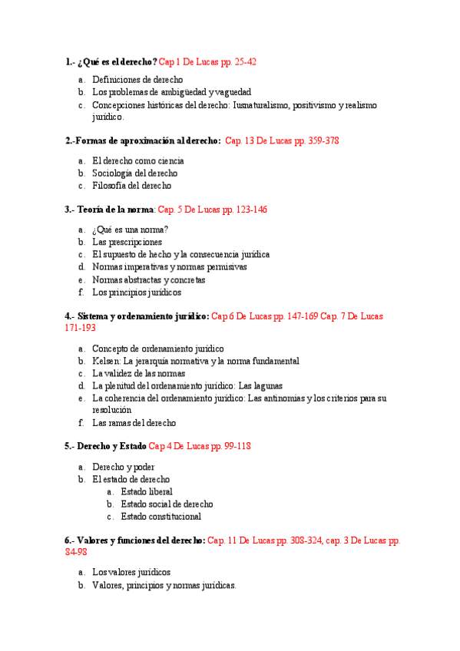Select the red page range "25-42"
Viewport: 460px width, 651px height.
point(243,61)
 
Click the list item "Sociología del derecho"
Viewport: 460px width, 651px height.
point(134,173)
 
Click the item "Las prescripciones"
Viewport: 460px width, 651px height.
point(127,242)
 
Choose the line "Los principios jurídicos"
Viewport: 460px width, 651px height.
point(137,292)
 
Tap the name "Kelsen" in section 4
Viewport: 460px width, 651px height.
point(105,361)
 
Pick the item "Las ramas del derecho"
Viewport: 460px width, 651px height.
point(134,422)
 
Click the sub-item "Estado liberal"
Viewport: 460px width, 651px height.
point(147,491)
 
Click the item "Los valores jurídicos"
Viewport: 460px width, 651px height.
point(131,572)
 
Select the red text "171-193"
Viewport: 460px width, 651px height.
point(81,328)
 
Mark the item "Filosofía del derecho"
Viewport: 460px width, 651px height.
point(132,185)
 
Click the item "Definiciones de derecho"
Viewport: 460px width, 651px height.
point(137,79)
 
